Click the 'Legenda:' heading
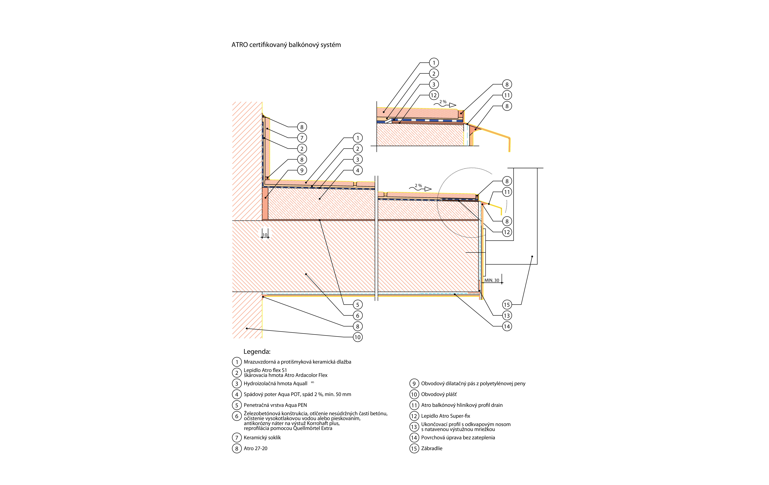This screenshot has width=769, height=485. click(257, 352)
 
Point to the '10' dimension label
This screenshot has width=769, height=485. click(265, 235)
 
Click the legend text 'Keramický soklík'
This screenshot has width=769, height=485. click(262, 438)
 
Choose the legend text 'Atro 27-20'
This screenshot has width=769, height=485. click(256, 449)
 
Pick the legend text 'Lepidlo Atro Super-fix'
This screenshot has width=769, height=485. click(446, 416)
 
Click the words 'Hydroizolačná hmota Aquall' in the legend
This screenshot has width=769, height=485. click(275, 384)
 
